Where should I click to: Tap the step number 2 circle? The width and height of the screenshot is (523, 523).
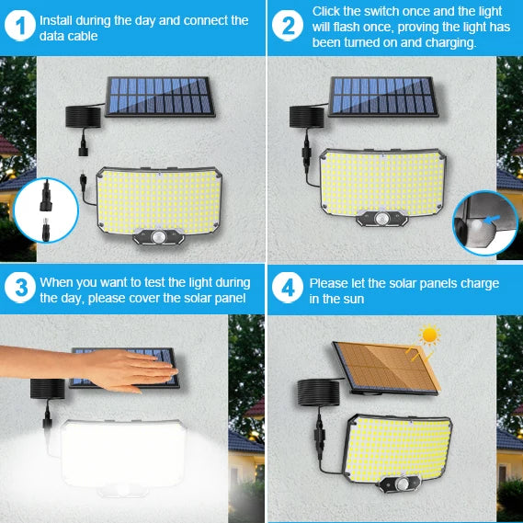coord(289,27)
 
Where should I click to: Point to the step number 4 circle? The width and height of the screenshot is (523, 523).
coord(289,288)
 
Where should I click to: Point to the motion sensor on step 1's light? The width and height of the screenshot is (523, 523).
coord(157,236)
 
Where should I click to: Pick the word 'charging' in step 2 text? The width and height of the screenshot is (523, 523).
coord(441,42)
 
